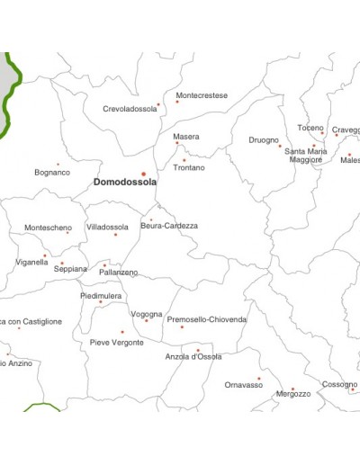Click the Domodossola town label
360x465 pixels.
click(125, 182)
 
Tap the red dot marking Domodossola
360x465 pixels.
click(142, 174)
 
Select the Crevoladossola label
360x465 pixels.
click(130, 109)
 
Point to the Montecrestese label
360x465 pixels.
click(202, 95)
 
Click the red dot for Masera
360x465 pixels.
click(177, 143)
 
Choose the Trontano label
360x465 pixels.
click(188, 168)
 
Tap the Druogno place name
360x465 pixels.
click(264, 139)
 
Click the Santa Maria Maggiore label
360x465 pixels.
click(305, 156)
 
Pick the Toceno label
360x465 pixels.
click(310, 128)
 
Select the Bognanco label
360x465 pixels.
click(52, 172)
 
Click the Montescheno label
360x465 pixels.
click(48, 228)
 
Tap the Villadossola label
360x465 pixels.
click(107, 228)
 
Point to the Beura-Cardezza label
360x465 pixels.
click(169, 226)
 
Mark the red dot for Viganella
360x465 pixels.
click(45, 255)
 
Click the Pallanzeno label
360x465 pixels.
click(119, 272)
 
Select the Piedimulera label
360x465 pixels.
click(101, 295)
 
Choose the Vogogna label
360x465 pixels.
click(147, 314)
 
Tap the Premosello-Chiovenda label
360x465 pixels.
click(207, 319)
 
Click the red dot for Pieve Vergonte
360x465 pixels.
click(122, 332)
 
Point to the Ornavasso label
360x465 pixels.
click(243, 385)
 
